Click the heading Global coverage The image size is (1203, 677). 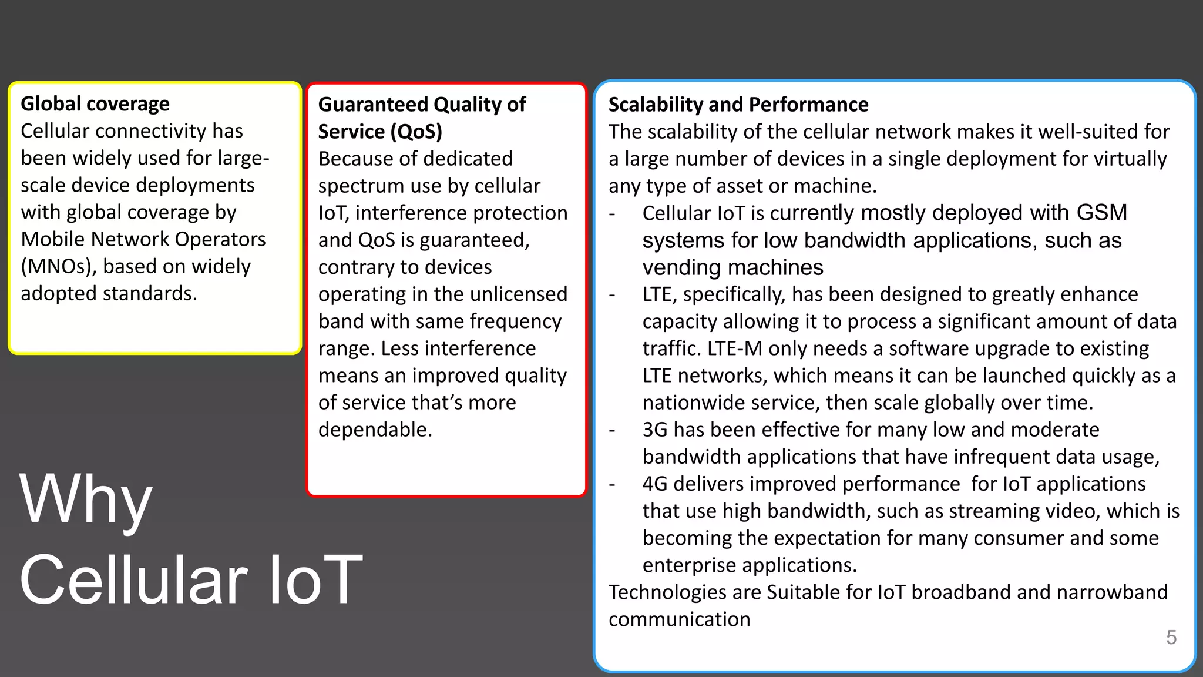(95, 104)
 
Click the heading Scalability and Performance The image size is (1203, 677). (738, 105)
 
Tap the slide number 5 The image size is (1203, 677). (1171, 637)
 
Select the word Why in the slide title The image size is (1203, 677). (86, 500)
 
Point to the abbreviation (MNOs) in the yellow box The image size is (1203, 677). (59, 267)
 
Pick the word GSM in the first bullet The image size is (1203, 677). (1101, 213)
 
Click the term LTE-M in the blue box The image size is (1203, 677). (734, 348)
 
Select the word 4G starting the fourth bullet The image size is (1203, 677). (655, 484)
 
